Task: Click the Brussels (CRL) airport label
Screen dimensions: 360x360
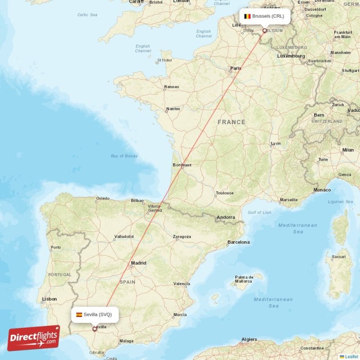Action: point(268,16)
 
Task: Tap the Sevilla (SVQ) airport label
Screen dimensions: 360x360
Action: point(97,315)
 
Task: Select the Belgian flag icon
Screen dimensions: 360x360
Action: point(247,16)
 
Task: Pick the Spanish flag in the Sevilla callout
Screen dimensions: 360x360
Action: point(79,315)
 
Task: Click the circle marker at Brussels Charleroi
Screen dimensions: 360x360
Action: point(265,31)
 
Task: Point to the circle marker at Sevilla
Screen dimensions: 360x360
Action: point(94,329)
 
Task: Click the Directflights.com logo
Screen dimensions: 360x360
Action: point(34,338)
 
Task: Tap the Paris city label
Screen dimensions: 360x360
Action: point(235,68)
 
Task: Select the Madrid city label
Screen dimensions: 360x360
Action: point(139,263)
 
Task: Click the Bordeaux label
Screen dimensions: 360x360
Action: point(182,165)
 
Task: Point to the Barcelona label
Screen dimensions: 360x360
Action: point(238,242)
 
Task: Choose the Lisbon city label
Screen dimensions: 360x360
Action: point(49,299)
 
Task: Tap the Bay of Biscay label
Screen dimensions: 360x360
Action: point(124,156)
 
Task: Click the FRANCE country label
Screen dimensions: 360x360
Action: point(231,122)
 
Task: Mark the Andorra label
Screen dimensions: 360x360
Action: point(225,217)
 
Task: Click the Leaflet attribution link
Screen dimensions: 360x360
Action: point(351,356)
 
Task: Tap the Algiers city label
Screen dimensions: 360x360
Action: point(249,339)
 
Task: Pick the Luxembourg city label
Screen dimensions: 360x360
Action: point(291,56)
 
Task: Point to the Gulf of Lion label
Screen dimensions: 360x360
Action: point(259,212)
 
